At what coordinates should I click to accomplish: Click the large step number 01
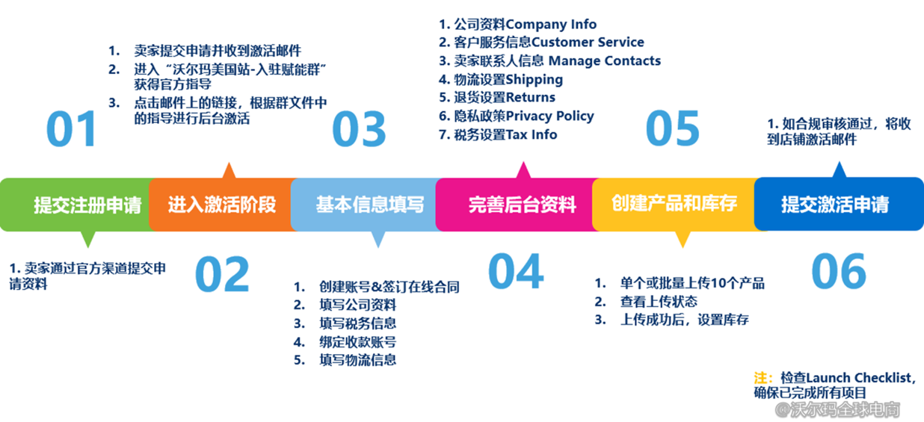72,129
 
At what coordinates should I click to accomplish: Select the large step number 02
222,274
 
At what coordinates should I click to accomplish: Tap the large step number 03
359,129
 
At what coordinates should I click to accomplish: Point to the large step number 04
515,270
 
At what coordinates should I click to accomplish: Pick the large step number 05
672,128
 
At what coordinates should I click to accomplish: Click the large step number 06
839,270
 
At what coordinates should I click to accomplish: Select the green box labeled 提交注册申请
87,205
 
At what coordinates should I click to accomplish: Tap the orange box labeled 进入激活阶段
222,204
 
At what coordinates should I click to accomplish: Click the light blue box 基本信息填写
369,204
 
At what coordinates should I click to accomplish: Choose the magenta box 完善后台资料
523,204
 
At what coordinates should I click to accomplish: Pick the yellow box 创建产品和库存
674,203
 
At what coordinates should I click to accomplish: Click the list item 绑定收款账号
357,341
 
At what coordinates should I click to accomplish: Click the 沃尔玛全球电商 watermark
838,409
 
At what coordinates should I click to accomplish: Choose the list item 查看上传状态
659,301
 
